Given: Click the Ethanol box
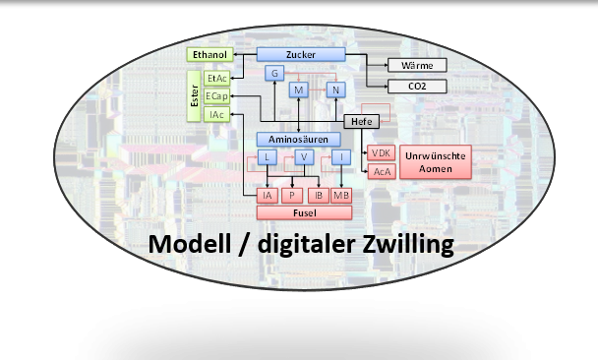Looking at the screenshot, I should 209,54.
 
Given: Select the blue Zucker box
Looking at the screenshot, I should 301,54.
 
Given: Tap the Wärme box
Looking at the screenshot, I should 417,65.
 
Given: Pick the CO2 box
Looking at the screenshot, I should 417,87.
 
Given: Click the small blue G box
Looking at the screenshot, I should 276,73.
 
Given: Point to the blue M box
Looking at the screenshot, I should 300,90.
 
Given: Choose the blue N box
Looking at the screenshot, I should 336,90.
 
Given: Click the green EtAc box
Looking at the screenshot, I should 217,77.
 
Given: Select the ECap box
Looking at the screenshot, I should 217,96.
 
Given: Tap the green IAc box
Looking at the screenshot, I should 217,115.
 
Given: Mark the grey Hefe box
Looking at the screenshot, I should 359,121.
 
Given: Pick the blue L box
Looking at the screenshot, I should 268,157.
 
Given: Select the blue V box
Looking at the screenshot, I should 304,157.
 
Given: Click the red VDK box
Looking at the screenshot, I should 382,154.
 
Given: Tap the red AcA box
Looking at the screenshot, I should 382,172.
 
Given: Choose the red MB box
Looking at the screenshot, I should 340,195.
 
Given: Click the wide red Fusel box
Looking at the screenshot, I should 303,212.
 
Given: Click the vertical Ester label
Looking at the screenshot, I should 194,95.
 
